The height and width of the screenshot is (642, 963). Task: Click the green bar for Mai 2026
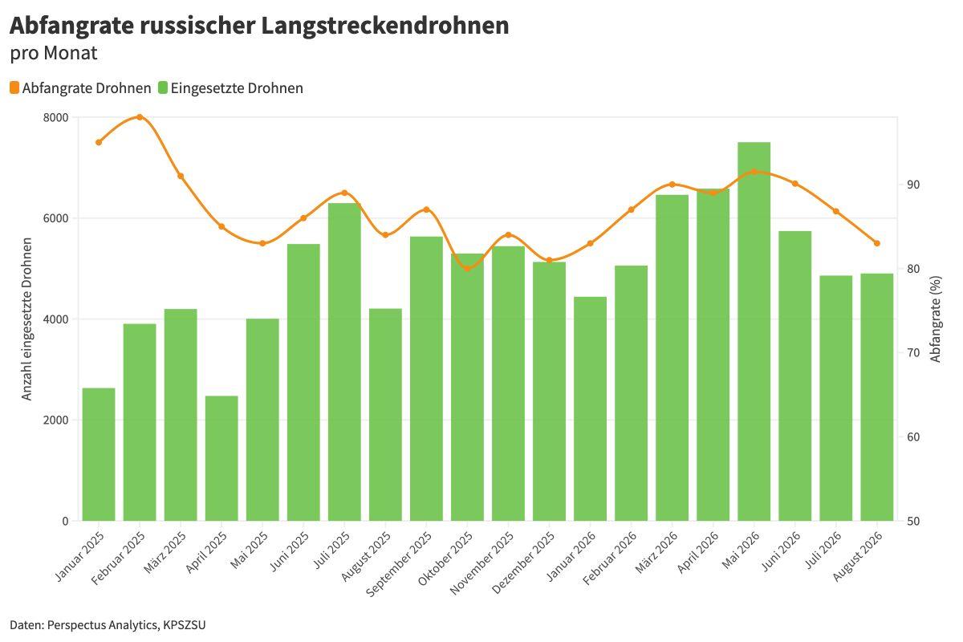(754, 331)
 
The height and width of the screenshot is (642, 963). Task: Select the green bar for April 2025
(221, 458)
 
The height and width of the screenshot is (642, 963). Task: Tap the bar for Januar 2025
(99, 454)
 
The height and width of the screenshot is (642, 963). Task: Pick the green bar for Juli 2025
(344, 362)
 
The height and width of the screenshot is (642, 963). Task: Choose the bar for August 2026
(876, 397)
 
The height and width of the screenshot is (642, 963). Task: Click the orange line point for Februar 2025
(140, 117)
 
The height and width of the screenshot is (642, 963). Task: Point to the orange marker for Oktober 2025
(467, 268)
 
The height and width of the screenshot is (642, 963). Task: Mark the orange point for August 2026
(877, 243)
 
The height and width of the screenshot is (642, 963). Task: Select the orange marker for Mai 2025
(262, 243)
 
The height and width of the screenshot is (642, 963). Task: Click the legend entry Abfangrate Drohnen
(80, 88)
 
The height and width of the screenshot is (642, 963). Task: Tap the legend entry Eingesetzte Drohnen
(231, 88)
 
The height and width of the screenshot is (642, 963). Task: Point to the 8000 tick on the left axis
(55, 118)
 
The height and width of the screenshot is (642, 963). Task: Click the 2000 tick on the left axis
(55, 421)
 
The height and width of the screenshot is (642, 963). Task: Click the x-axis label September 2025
(399, 564)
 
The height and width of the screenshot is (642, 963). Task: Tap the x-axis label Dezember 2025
(522, 563)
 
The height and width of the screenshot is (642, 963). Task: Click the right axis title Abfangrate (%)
(936, 319)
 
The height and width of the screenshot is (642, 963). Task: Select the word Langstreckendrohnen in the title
(384, 26)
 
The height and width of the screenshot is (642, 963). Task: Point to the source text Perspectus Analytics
(103, 625)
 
